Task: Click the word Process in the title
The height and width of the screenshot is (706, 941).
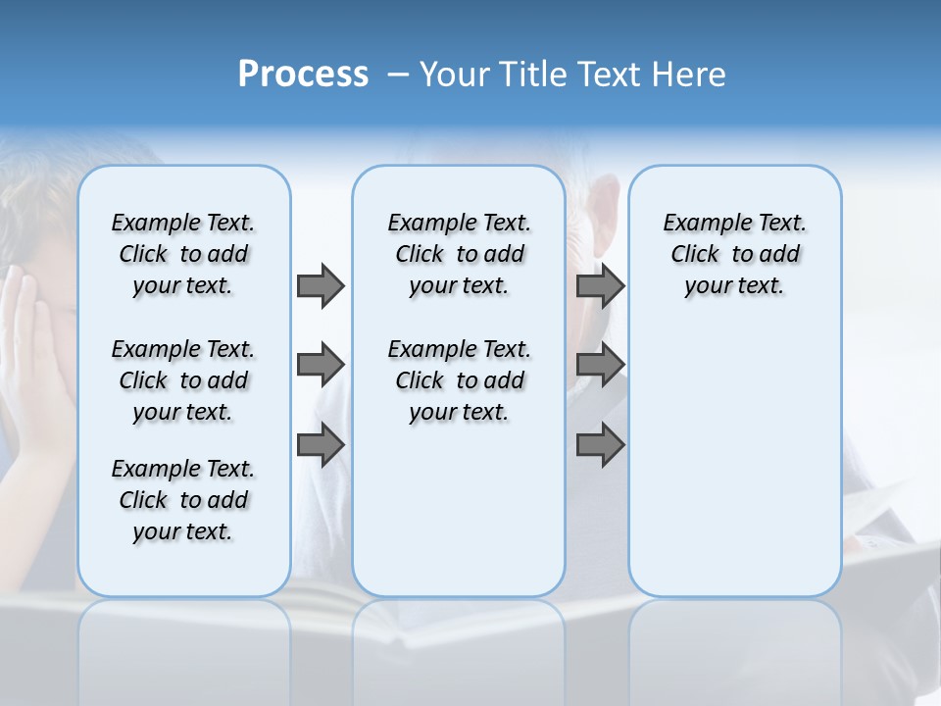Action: pyautogui.click(x=303, y=75)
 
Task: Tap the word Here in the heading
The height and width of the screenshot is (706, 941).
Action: pyautogui.click(x=687, y=75)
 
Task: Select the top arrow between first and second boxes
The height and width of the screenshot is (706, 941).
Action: pyautogui.click(x=321, y=285)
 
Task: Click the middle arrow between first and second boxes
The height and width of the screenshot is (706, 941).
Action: pyautogui.click(x=321, y=365)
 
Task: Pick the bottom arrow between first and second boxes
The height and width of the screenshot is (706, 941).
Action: pyautogui.click(x=321, y=445)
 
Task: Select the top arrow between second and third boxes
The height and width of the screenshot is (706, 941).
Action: pyautogui.click(x=600, y=285)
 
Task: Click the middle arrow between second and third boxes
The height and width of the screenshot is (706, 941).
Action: pyautogui.click(x=600, y=365)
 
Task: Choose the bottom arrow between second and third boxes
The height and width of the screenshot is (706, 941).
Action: pyautogui.click(x=600, y=445)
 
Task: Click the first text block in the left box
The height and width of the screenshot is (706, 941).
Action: pyautogui.click(x=183, y=254)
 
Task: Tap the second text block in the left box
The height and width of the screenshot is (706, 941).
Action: pyautogui.click(x=183, y=380)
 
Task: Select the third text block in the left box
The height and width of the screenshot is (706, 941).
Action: pyautogui.click(x=183, y=500)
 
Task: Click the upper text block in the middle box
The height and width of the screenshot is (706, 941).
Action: pyautogui.click(x=459, y=254)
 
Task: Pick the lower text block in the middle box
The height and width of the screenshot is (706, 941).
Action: pyautogui.click(x=459, y=380)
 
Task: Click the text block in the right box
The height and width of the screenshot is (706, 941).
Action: pyautogui.click(x=734, y=254)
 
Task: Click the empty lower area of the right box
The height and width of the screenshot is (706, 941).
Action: pyautogui.click(x=734, y=471)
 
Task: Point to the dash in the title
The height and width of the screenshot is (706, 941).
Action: pyautogui.click(x=398, y=75)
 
